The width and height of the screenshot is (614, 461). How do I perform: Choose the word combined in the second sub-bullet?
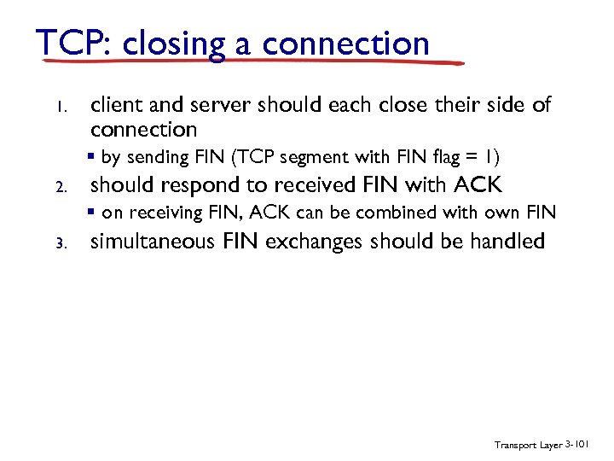405,213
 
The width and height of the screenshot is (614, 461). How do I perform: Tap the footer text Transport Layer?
527,445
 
